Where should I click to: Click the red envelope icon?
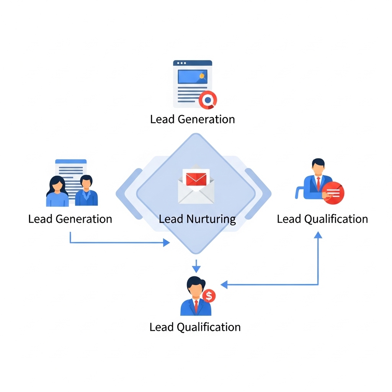click(x=196, y=179)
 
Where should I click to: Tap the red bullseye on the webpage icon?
click(x=208, y=100)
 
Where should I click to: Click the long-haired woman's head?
click(x=57, y=185)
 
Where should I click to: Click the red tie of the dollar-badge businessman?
click(x=196, y=305)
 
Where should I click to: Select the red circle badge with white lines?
click(x=333, y=193)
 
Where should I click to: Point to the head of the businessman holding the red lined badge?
click(x=318, y=167)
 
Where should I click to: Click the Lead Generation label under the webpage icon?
click(x=193, y=119)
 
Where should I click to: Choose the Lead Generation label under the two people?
click(x=70, y=219)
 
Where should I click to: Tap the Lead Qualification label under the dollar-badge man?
click(x=195, y=327)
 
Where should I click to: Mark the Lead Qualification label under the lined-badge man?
click(x=322, y=219)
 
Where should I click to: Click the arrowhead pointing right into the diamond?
click(x=166, y=242)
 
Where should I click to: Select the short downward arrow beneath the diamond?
click(x=196, y=266)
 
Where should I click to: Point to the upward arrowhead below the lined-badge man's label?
click(x=318, y=235)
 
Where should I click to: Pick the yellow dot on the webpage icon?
click(x=202, y=76)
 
